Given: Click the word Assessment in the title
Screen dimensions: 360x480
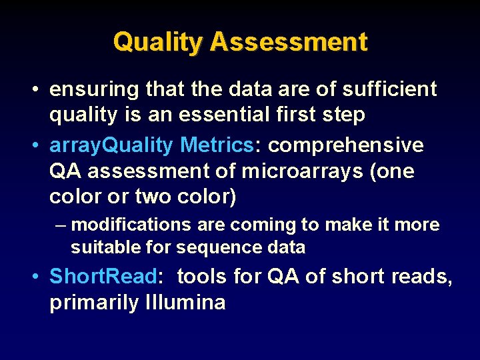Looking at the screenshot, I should tap(288, 42).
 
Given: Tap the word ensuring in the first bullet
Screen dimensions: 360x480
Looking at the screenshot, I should tap(91, 90).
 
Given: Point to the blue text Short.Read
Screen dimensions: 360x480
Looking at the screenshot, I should tap(103, 276).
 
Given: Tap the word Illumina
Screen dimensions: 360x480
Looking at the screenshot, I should tap(185, 303).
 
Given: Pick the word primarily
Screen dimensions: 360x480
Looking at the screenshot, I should tap(93, 303).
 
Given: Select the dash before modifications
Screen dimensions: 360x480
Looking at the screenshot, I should tap(61, 225).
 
